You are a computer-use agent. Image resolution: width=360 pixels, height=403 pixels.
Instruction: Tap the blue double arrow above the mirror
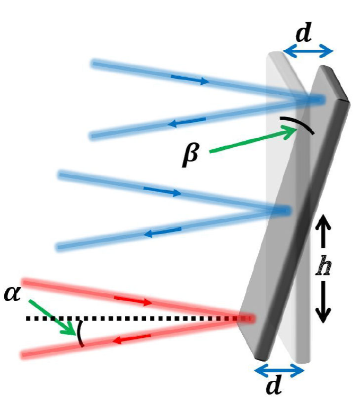pyautogui.click(x=308, y=51)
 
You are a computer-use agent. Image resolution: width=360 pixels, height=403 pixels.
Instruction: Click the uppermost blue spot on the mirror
pyautogui.click(x=315, y=100)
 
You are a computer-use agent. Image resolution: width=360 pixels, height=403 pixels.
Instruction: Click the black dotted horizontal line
pyautogui.click(x=133, y=319)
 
